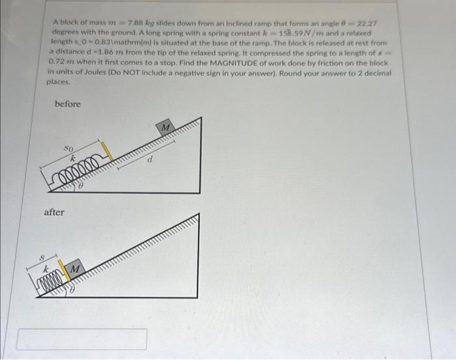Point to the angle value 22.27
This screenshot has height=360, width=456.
[375, 23]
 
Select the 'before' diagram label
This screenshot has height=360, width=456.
[68, 104]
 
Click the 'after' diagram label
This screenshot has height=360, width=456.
[55, 212]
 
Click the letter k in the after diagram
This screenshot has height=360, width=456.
[46, 268]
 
